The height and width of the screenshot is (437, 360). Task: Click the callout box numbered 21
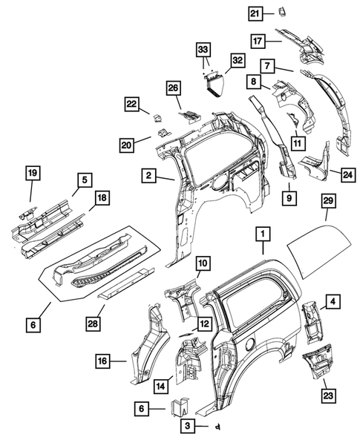pos(255,13)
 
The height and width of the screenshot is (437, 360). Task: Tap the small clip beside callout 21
pos(283,12)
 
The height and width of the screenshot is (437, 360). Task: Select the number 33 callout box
pos(203,50)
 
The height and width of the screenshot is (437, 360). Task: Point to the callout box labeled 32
pos(238,61)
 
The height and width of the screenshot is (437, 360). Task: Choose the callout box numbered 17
pos(258,42)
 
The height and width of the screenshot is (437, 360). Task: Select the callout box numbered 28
pos(93,323)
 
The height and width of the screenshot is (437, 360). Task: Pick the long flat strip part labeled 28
pos(125,283)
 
